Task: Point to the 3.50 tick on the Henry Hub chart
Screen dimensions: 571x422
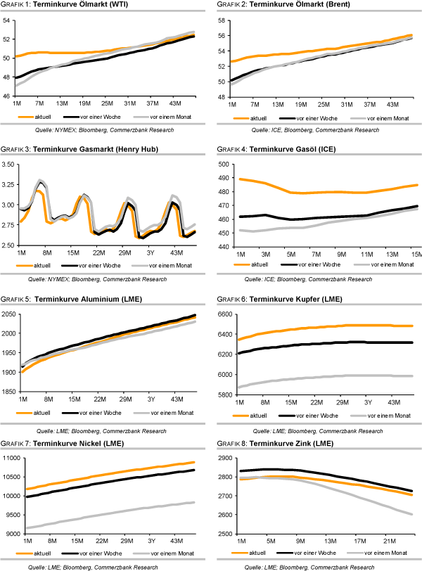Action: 9,165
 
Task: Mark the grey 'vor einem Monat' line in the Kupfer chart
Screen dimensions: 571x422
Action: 316,377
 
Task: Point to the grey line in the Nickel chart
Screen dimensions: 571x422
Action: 105,514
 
